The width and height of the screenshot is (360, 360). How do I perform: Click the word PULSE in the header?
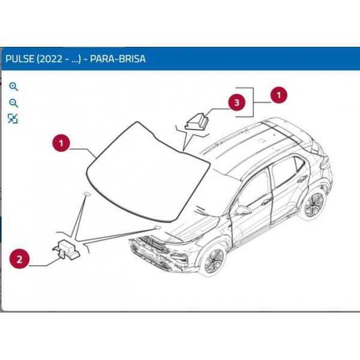coord(20,59)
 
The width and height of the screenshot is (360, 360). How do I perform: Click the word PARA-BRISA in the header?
coord(118,59)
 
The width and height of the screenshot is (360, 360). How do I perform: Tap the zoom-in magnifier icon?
coord(13,87)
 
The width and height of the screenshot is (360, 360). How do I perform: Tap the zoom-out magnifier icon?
coord(13,103)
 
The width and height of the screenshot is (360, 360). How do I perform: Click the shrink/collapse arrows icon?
coord(13,118)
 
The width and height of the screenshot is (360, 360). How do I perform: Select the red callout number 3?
coord(237,103)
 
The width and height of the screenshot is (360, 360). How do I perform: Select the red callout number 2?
coord(20,259)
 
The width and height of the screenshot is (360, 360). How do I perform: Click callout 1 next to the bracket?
coord(279,95)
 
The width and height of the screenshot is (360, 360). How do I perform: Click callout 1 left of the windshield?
coord(61,143)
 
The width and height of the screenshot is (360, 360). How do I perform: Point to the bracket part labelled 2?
coord(66,250)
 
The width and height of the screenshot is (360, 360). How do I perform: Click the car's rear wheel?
coord(313,204)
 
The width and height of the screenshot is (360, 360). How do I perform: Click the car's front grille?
coord(149,244)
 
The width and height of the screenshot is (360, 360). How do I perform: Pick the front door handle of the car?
coord(267,202)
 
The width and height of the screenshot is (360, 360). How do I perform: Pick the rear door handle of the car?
coord(302,178)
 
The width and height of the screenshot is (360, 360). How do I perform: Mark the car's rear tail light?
coord(325,163)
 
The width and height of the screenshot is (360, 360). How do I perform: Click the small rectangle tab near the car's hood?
coord(157,227)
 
